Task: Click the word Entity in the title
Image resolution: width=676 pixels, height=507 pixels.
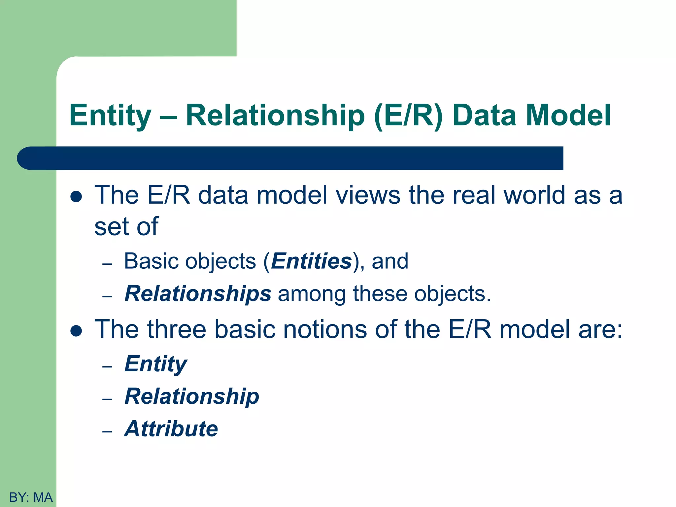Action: (110, 116)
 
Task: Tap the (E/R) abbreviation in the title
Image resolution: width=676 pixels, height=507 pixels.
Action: (408, 116)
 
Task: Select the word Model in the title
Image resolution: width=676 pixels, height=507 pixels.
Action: (568, 116)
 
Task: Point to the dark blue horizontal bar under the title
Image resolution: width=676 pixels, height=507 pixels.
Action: (290, 158)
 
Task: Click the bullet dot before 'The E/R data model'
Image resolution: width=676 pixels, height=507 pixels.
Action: (76, 197)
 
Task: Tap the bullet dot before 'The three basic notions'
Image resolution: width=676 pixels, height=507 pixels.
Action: (76, 331)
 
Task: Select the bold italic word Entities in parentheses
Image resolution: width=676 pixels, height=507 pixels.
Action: (311, 261)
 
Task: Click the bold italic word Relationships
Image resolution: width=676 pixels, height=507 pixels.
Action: (198, 293)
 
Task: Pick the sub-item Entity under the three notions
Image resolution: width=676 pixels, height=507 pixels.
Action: (156, 364)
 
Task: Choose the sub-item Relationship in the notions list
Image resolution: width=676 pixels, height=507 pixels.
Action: (192, 396)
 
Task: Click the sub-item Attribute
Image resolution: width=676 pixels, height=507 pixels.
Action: (171, 428)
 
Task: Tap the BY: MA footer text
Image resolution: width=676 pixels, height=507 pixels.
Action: (31, 497)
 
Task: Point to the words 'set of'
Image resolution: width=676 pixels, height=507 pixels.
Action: (126, 227)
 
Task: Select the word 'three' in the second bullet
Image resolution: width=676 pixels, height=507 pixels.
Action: (177, 329)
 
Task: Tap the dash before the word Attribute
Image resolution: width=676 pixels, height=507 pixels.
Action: (107, 431)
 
